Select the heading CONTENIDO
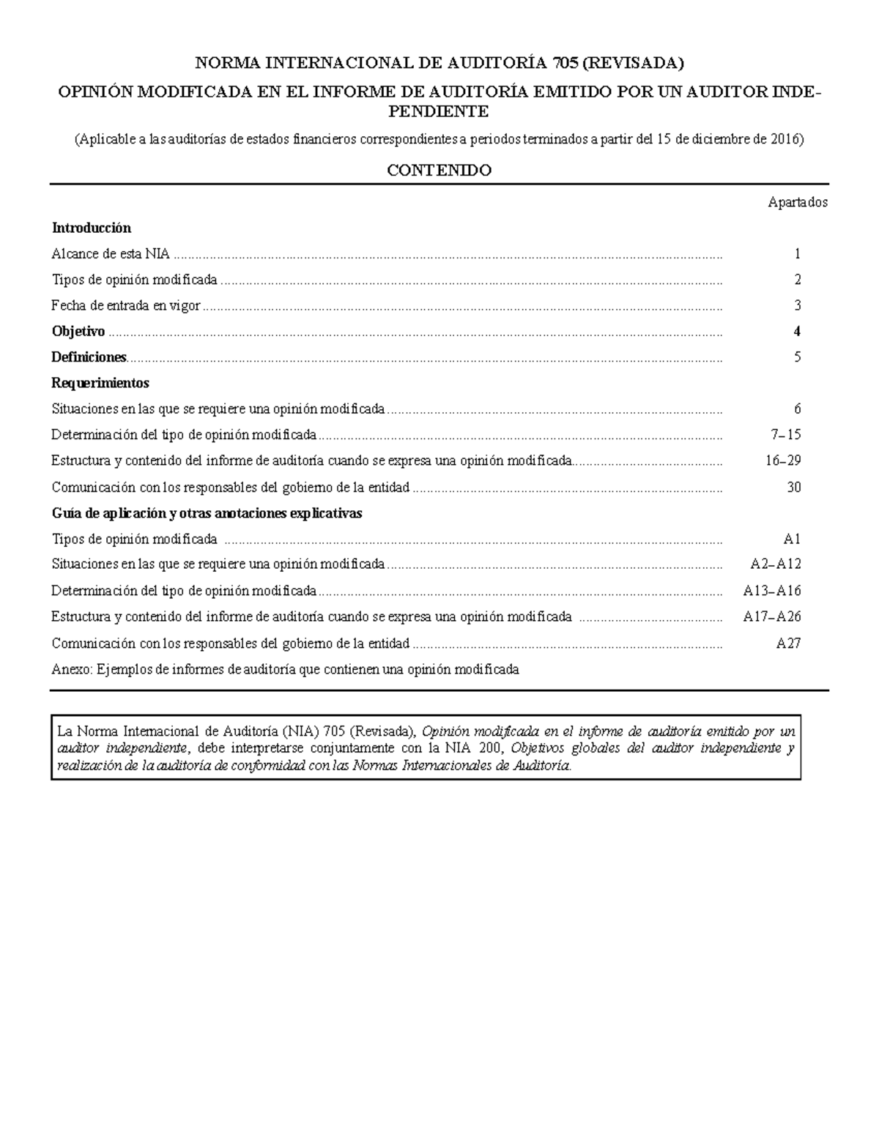pos(439,171)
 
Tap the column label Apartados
pos(798,203)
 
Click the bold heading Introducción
pos(91,228)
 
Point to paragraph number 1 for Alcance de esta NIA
pos(797,254)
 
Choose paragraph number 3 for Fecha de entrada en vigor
pos(797,306)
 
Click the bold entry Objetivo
pos(78,332)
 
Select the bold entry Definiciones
pos(89,357)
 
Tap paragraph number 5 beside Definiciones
pos(797,357)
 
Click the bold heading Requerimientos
pos(100,383)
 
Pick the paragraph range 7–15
pos(786,435)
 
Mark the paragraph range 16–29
pos(782,461)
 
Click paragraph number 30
pos(793,487)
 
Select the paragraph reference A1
pos(792,540)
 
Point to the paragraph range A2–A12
pos(776,564)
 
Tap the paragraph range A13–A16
pos(772,591)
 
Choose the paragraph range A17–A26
pos(772,617)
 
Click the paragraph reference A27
pos(789,644)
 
